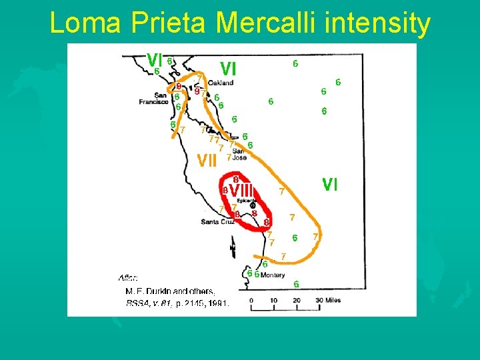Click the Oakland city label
coord(220,83)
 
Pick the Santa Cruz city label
coord(218,221)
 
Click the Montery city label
coord(273,275)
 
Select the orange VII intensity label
coord(208,161)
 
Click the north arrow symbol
coord(233,249)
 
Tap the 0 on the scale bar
coord(251,301)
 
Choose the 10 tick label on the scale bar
coord(273,301)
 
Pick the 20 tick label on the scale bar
coord(296,301)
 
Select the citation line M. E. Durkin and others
coord(170,291)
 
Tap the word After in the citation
coord(128,277)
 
